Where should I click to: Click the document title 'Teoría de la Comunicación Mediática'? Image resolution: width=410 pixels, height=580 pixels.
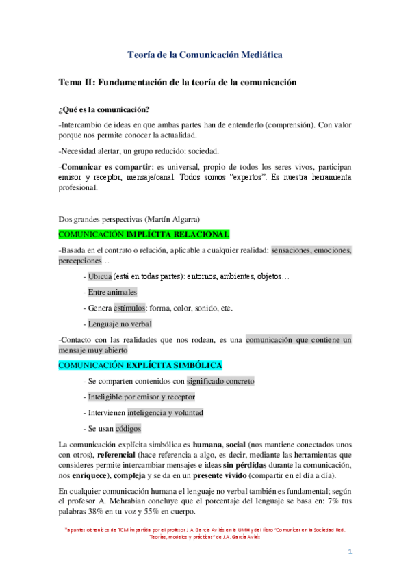205,54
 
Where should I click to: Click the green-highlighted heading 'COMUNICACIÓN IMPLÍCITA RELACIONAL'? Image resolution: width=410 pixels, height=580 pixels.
144,234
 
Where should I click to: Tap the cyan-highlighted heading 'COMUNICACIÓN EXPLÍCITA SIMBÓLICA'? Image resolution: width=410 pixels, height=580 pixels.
140,366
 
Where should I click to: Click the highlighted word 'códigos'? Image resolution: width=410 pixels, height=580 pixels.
127,428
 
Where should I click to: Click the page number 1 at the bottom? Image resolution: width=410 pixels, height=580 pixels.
348,551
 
